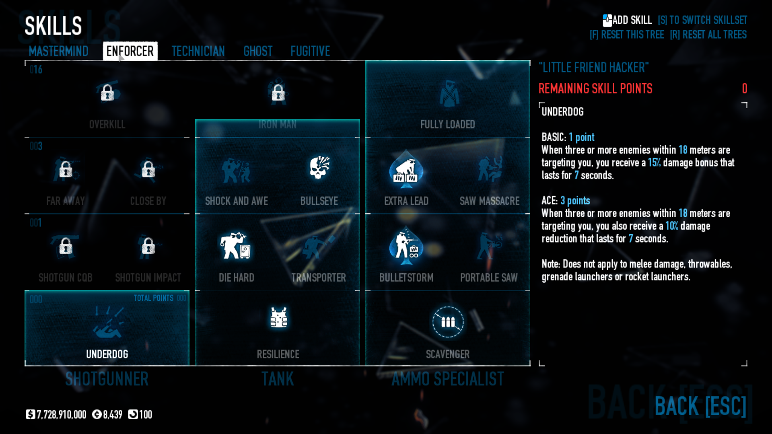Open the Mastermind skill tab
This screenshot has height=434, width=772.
coord(58,51)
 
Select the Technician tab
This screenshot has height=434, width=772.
coord(198,51)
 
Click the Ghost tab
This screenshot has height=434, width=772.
coord(258,51)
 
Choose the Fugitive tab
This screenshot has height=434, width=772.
coord(310,51)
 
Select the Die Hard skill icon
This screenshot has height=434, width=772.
coord(235,245)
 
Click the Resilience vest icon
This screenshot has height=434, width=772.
coord(278,318)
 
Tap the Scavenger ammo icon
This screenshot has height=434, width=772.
coord(448,322)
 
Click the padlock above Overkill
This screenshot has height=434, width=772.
coord(107,93)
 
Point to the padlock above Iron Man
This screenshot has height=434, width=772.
coord(278,93)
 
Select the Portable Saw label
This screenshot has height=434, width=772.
coord(489,278)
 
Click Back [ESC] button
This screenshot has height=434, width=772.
coord(700,406)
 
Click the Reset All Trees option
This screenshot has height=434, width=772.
coord(708,35)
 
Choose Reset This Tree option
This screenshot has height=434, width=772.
coord(627,35)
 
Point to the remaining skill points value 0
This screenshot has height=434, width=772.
coord(744,88)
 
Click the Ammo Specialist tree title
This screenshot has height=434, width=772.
coord(448,379)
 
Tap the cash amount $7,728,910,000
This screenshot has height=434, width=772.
coord(56,415)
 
